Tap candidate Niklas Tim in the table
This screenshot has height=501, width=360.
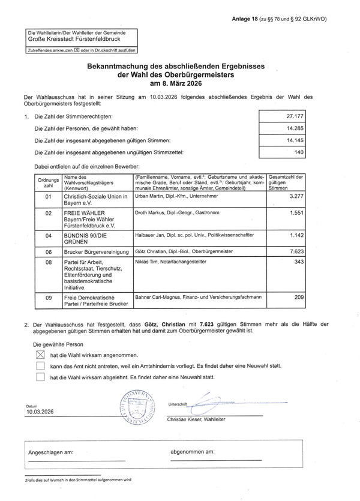pyautogui.click(x=150, y=262)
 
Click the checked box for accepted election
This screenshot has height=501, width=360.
pyautogui.click(x=40, y=355)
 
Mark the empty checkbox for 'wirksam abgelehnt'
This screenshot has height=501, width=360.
pyautogui.click(x=40, y=377)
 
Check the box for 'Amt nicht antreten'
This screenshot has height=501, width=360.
pyautogui.click(x=40, y=366)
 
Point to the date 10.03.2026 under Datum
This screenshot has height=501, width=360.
pyautogui.click(x=40, y=412)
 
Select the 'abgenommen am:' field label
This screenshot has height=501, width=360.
pyautogui.click(x=193, y=451)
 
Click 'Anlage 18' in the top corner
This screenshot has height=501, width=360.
pyautogui.click(x=245, y=19)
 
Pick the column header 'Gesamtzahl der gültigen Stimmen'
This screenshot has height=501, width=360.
pyautogui.click(x=286, y=182)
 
